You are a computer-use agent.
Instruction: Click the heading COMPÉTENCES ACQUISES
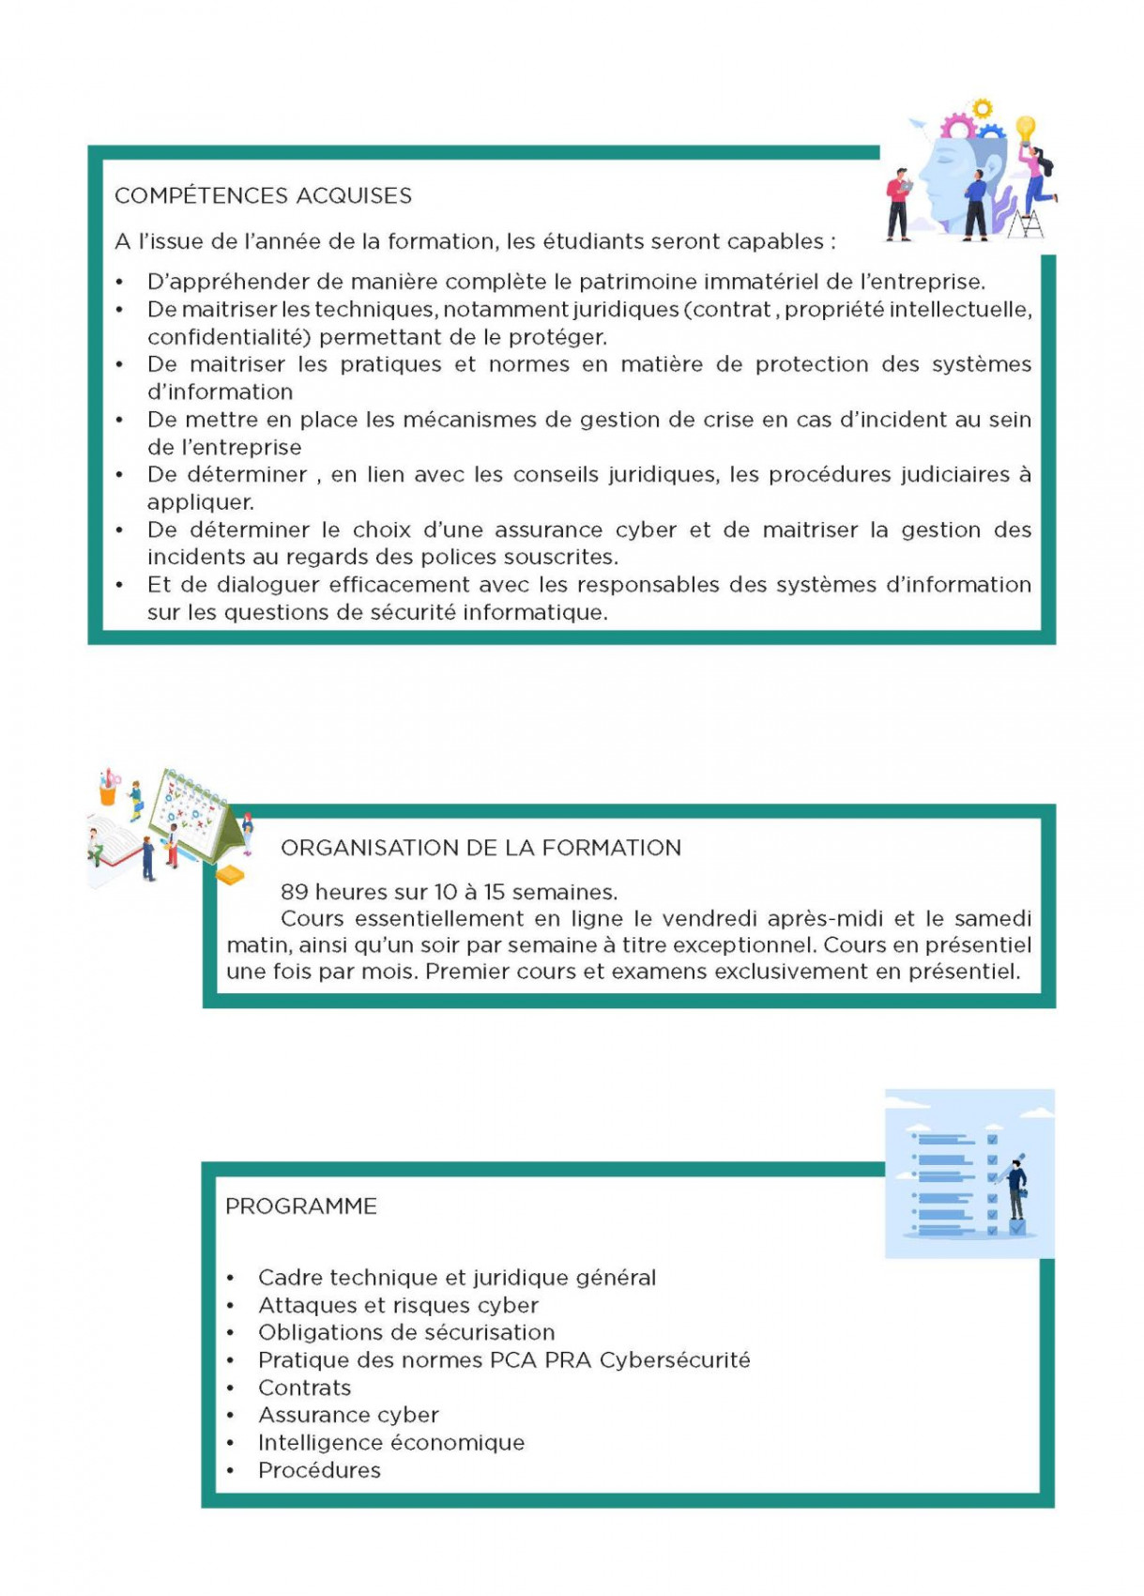[263, 195]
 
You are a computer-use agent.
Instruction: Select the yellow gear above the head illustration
[982, 109]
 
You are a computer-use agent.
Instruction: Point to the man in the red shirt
[898, 203]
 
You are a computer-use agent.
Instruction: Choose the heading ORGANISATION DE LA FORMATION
[480, 848]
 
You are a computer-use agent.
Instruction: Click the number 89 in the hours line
[295, 892]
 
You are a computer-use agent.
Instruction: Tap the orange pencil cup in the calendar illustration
[108, 792]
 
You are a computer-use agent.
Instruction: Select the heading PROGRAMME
[300, 1206]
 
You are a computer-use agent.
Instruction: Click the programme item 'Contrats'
[304, 1388]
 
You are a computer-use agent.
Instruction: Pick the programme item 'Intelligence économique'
[391, 1442]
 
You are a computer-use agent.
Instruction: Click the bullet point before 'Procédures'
[231, 1471]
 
